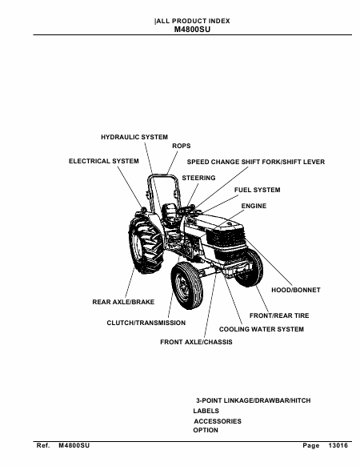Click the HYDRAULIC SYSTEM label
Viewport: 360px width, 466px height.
coord(134,137)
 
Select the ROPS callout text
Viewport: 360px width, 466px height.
coord(181,146)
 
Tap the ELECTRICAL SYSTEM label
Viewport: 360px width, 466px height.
coord(104,161)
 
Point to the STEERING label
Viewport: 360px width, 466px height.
coord(198,178)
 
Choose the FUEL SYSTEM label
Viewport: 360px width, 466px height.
coord(258,190)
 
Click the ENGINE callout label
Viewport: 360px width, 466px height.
coord(254,206)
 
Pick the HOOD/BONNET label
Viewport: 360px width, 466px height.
coord(296,290)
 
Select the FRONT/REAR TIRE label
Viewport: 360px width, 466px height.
coord(279,315)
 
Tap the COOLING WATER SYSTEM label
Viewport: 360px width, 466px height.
coord(262,329)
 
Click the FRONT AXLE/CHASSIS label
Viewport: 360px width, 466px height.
coord(196,342)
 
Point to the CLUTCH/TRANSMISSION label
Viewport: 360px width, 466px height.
coord(146,323)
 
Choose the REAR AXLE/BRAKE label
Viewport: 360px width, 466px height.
coord(123,302)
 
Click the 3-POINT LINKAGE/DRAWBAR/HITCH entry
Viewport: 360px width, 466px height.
coord(254,400)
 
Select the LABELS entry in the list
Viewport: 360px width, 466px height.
coord(206,411)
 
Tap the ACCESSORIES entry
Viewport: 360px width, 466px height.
coord(218,421)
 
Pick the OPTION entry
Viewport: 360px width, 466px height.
coord(206,430)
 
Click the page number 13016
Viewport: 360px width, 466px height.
coord(338,445)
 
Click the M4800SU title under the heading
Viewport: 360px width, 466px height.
coord(192,30)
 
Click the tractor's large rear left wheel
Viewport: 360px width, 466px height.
coord(146,243)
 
